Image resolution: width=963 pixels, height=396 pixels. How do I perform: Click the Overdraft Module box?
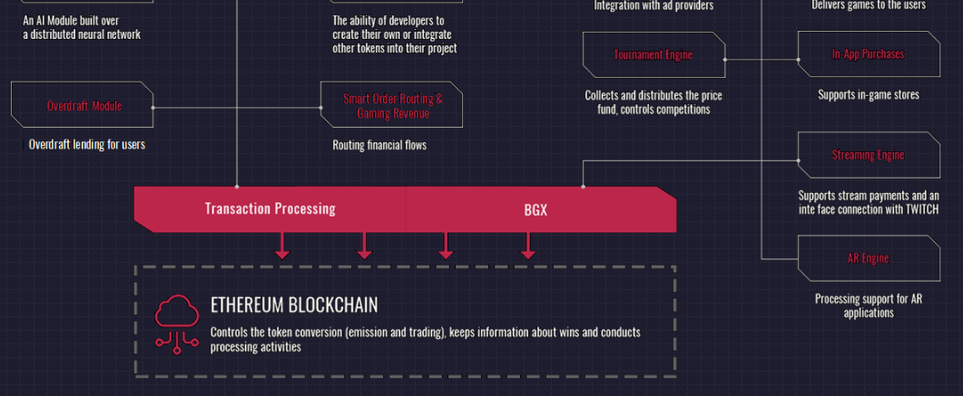[84, 106]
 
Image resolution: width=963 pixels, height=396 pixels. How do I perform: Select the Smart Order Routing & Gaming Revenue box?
[392, 106]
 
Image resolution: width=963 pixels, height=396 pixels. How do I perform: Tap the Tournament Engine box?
[653, 55]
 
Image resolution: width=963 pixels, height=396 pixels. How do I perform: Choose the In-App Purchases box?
[868, 54]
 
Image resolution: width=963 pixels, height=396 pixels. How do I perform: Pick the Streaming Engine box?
[868, 155]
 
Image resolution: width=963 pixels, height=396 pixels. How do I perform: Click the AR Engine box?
[868, 258]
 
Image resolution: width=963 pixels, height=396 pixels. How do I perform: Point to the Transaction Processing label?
[270, 208]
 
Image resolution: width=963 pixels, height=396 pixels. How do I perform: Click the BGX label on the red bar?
[536, 209]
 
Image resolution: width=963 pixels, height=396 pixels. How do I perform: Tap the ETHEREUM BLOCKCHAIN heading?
[294, 304]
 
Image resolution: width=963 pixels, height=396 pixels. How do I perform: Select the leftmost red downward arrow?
[282, 246]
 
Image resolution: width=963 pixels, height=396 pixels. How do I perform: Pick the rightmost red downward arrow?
[527, 246]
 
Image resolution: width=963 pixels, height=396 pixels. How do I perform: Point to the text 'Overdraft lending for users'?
[86, 144]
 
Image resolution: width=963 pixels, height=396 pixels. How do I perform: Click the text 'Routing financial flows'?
[379, 145]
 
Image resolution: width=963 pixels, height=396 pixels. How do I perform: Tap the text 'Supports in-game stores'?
[869, 94]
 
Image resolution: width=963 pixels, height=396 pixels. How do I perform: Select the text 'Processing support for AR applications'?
[868, 305]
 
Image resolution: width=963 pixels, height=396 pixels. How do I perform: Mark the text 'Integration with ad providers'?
[653, 5]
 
